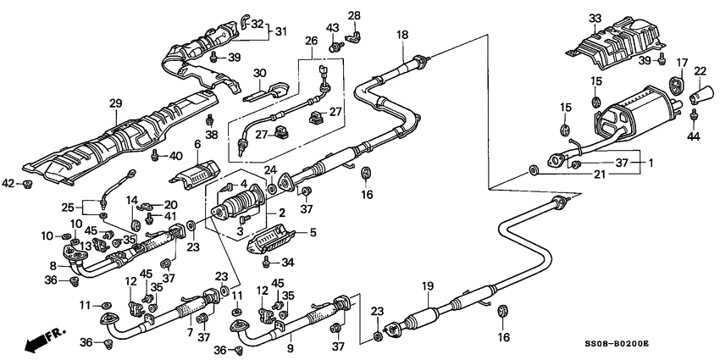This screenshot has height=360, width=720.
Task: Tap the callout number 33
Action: (595, 18)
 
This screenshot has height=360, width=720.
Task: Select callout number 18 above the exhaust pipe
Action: (402, 34)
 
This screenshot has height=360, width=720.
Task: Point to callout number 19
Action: (428, 286)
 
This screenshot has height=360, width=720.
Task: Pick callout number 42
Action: (8, 182)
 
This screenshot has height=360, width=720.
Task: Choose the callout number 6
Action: (197, 145)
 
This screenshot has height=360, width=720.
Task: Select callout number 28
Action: (354, 15)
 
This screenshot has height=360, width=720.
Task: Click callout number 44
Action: (695, 136)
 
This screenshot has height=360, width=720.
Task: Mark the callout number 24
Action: (270, 169)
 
